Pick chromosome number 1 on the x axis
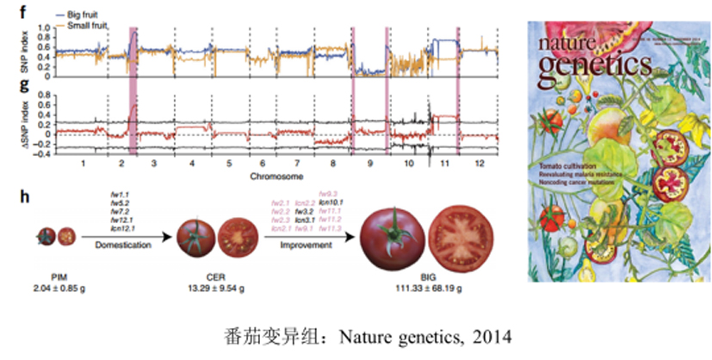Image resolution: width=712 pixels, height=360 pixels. (82, 162)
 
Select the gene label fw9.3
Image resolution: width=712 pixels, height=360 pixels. (327, 194)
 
